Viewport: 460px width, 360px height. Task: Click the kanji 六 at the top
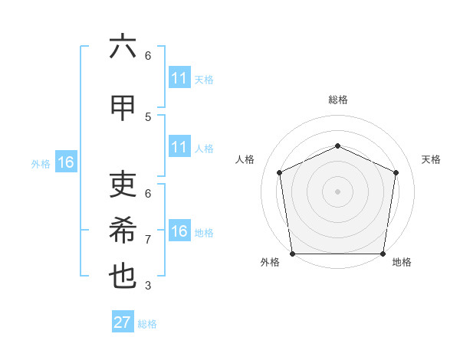[x=123, y=47]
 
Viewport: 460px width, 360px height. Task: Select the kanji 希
[x=123, y=231]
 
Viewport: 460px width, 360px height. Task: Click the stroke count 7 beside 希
[x=148, y=239]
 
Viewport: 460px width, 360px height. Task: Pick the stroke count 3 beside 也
[x=148, y=286]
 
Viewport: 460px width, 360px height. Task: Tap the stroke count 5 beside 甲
[x=148, y=116]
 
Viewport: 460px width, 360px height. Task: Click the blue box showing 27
[x=123, y=322]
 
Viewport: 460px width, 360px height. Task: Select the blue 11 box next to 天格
[x=179, y=79]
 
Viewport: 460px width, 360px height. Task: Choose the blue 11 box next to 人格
[x=179, y=148]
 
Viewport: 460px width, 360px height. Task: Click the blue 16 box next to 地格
[x=179, y=232]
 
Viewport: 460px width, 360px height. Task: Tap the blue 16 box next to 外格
[x=65, y=162]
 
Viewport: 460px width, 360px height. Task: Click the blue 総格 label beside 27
[x=147, y=324]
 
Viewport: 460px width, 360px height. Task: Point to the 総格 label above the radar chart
[x=337, y=100]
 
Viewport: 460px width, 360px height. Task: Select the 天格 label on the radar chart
[x=431, y=159]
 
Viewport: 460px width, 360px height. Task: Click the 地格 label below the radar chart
[x=402, y=263]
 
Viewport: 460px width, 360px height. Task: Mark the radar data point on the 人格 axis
[x=279, y=172]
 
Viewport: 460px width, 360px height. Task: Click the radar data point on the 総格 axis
[x=337, y=146]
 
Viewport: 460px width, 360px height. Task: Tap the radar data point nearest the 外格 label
[x=292, y=254]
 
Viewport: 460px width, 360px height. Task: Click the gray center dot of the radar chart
[x=337, y=191]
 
